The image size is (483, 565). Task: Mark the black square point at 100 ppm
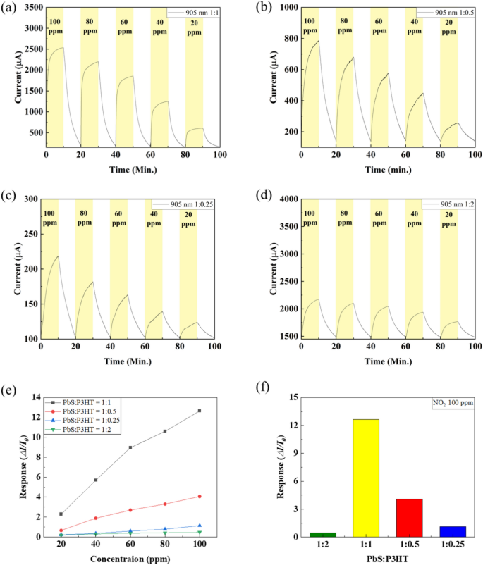coord(200,411)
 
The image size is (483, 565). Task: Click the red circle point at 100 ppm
coord(200,497)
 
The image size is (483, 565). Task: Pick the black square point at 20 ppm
coord(61,514)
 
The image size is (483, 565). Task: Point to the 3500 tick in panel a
coord(30,8)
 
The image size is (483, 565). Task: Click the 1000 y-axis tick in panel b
coord(286,8)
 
